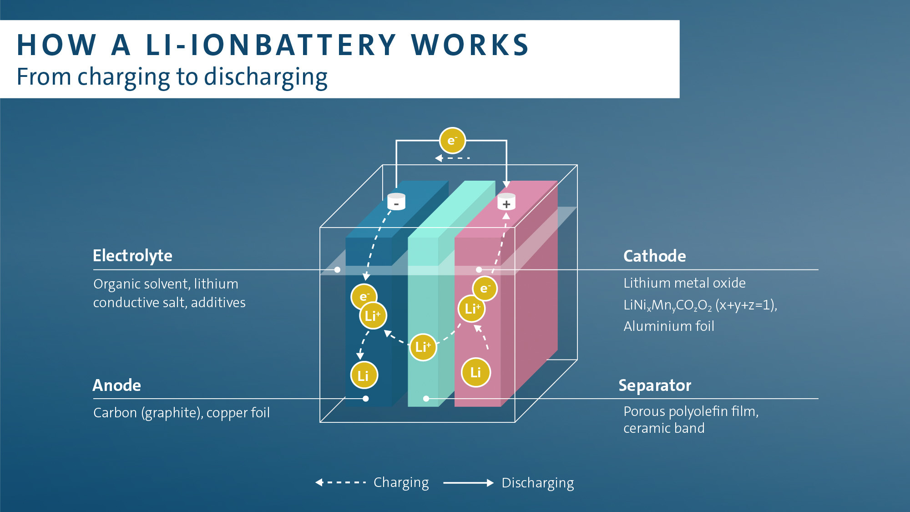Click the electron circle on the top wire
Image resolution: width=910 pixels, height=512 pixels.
(x=452, y=141)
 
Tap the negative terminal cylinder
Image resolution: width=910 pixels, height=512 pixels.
(x=396, y=202)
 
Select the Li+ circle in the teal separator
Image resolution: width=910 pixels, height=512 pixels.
(x=423, y=347)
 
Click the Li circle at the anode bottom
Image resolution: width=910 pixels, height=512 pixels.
(x=364, y=375)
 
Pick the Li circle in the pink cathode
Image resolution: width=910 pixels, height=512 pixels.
(x=476, y=372)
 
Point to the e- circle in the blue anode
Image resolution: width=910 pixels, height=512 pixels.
(x=364, y=296)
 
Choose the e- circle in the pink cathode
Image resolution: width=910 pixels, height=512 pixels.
(x=485, y=289)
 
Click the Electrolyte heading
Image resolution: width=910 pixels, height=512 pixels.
(x=132, y=256)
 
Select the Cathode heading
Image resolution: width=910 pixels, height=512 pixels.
(x=654, y=256)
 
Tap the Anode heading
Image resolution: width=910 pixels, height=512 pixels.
(x=117, y=385)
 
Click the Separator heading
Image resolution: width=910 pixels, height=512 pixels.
(x=655, y=385)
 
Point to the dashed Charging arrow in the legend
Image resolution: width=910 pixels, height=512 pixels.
(x=341, y=482)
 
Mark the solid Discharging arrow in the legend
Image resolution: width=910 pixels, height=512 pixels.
(x=468, y=483)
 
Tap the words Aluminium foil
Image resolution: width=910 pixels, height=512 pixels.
(x=668, y=326)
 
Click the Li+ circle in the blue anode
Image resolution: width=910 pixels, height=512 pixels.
(x=373, y=315)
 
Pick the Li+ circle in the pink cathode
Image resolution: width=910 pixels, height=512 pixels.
(x=472, y=309)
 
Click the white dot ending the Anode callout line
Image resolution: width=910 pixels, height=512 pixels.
(x=366, y=399)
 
